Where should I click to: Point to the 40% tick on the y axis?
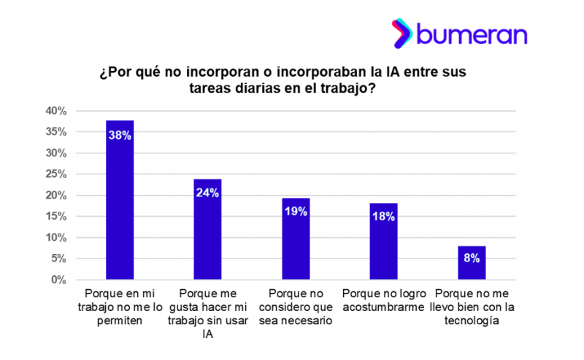(56, 111)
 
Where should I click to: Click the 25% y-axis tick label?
(56, 175)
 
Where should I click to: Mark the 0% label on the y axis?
(59, 280)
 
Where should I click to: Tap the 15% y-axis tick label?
(56, 217)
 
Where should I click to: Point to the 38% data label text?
(120, 135)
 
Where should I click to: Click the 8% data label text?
(472, 258)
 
